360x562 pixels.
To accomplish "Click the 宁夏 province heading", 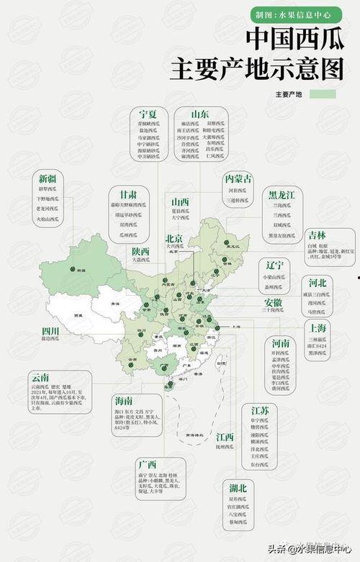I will click(x=148, y=114).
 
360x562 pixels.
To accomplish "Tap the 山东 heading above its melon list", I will click(x=200, y=114).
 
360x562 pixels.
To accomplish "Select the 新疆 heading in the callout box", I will click(x=48, y=178).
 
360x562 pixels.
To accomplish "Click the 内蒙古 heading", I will click(x=238, y=178).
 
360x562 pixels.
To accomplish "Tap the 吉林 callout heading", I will click(x=315, y=235).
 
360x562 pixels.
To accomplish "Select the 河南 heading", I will click(x=281, y=343).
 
